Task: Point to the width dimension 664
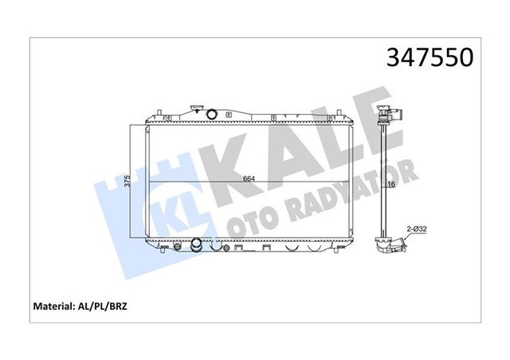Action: pyautogui.click(x=248, y=178)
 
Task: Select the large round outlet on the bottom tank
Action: pyautogui.click(x=195, y=244)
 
